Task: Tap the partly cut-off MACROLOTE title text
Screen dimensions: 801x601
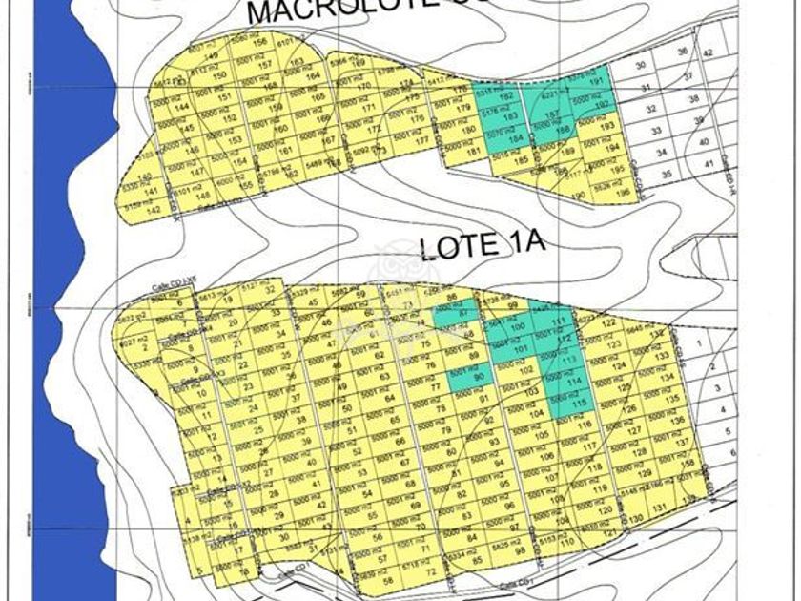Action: [343, 10]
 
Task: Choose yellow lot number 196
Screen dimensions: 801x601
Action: [623, 190]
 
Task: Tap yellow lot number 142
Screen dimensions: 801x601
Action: [151, 207]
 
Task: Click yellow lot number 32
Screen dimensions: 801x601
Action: [271, 289]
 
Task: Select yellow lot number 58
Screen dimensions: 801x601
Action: [387, 579]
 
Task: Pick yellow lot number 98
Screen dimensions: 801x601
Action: [520, 550]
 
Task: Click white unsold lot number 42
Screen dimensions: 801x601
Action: [708, 53]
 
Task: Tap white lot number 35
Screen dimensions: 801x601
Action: [667, 173]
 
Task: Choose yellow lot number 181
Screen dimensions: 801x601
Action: [472, 152]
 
